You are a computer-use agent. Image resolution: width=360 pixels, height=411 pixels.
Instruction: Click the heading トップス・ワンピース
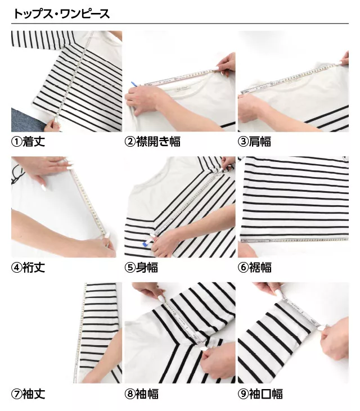pos(61,13)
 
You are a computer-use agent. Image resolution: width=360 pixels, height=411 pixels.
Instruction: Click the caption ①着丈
pos(28,142)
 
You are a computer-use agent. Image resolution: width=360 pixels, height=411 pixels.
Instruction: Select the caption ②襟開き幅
pos(152,142)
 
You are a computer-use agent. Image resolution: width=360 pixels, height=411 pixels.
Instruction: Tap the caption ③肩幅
pos(254,142)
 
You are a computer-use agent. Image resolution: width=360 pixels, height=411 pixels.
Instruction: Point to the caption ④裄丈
pos(28,268)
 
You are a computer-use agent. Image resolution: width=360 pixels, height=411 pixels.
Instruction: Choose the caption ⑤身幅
pos(141,268)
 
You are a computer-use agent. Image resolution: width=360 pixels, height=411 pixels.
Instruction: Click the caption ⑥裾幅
pos(254,268)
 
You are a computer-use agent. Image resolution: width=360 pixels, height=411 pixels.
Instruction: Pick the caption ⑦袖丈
pos(28,394)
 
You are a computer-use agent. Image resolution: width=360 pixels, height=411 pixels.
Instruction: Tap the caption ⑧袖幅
pos(141,394)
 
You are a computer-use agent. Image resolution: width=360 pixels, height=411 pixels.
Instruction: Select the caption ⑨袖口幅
pos(260,394)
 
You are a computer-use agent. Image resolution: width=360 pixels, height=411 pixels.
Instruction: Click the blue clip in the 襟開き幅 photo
pos(134,84)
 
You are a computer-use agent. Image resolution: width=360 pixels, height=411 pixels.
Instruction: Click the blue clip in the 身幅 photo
pos(145,244)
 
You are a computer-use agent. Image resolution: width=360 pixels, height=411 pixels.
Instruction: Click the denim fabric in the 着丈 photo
pos(26,120)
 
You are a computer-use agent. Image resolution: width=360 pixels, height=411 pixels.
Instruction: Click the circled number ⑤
pos(129,268)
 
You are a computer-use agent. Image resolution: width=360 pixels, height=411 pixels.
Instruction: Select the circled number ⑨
pos(243,394)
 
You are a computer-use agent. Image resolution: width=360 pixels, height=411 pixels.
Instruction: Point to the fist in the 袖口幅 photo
pos(334,341)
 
